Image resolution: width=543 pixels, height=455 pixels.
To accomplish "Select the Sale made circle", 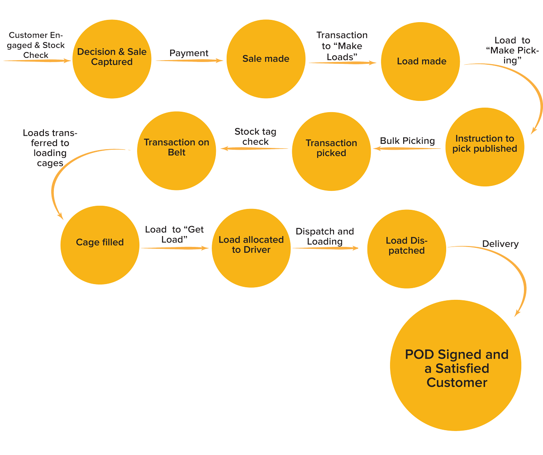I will [266, 58].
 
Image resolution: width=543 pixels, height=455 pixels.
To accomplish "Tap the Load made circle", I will [421, 61].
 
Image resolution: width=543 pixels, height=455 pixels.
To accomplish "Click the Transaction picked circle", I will [331, 148].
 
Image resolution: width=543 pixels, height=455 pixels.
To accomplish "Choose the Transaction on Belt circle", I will [176, 147].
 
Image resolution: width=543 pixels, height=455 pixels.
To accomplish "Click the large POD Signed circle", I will [456, 369].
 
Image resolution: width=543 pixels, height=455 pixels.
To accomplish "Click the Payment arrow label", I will [189, 53].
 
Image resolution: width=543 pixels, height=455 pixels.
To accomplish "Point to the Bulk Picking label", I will [407, 141].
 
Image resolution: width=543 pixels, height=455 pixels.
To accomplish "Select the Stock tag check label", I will [255, 137].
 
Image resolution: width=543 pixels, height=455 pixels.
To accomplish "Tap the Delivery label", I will [500, 244].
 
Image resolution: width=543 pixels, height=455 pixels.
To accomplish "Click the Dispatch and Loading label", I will [324, 237].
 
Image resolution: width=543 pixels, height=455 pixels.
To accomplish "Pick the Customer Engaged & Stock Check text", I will [37, 45].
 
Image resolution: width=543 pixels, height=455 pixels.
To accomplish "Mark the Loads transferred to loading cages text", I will [50, 148].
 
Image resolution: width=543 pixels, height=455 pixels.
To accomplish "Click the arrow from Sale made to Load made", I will [343, 64].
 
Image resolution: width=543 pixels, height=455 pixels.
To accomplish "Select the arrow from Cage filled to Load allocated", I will [176, 248].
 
